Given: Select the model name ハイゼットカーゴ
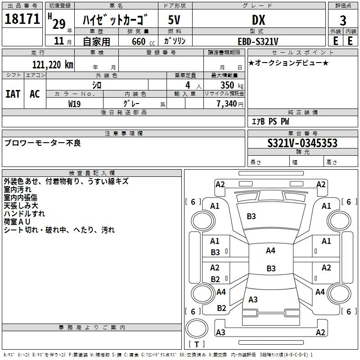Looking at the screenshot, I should coord(116,20).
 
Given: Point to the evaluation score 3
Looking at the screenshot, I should coord(343,21).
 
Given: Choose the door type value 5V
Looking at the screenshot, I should coord(175,20).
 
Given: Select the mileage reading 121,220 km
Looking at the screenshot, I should coord(52,64).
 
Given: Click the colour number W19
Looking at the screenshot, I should coord(75,103).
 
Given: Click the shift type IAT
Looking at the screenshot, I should coord(13,94).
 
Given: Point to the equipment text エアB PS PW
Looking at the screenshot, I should coord(270,121).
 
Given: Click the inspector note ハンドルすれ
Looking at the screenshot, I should coord(24,214).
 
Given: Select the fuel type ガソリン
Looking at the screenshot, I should coord(175,41).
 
